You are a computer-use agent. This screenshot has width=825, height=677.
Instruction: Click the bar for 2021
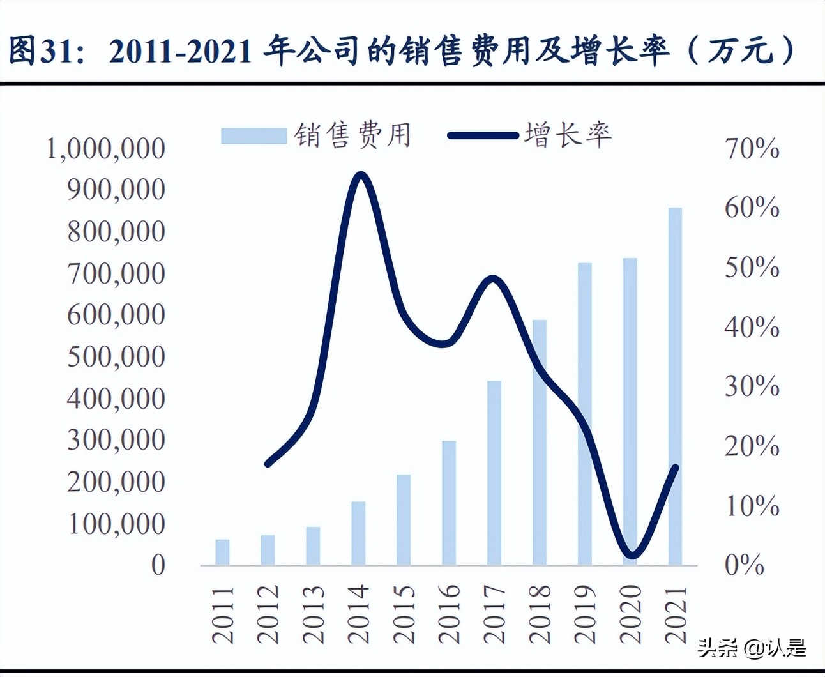[x=675, y=386]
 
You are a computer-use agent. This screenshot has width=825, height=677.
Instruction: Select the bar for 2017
[x=494, y=473]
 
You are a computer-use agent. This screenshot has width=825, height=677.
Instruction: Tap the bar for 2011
[x=222, y=552]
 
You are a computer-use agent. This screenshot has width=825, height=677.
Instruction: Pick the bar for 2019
[x=585, y=414]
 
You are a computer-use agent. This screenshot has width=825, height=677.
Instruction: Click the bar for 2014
[x=358, y=533]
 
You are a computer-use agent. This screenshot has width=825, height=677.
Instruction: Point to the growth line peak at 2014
[x=360, y=175]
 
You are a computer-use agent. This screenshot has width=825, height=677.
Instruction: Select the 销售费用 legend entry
[x=316, y=135]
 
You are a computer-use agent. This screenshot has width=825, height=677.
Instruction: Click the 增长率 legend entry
[x=530, y=135]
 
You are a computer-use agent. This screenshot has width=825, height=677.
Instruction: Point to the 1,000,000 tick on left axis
[x=106, y=148]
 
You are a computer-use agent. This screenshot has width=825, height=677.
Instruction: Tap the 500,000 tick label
[x=116, y=356]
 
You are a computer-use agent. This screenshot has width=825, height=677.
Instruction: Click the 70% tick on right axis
[x=752, y=148]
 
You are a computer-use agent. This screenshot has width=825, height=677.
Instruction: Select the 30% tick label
[x=752, y=386]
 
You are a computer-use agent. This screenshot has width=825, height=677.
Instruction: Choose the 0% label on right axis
[x=744, y=565]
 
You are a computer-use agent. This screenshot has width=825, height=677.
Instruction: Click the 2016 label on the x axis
[x=449, y=613]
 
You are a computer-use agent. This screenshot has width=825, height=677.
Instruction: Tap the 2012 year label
[x=268, y=613]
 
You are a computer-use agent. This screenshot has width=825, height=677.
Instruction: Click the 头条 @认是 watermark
[x=752, y=649]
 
